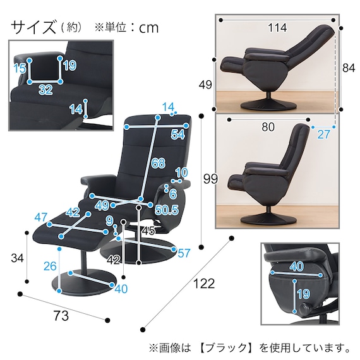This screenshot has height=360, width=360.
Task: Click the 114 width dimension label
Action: [x=277, y=28]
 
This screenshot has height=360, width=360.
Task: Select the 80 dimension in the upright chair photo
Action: [x=268, y=126]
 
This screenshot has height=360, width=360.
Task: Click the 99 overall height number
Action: [x=211, y=179]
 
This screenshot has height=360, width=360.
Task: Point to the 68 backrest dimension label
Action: [x=158, y=164]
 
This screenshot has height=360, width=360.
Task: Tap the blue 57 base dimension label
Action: [x=184, y=253]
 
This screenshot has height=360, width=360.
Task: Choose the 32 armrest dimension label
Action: [x=45, y=90]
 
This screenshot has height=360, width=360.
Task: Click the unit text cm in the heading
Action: [x=149, y=28]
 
